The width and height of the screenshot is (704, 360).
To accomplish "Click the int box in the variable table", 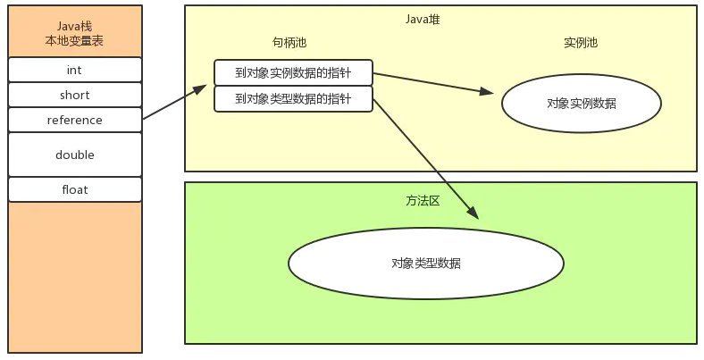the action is [x=75, y=70].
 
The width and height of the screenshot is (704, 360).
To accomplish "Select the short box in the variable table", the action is [x=75, y=95].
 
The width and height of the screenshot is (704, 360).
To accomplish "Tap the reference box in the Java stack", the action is [x=75, y=120].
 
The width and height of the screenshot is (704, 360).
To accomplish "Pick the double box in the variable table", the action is [x=75, y=155].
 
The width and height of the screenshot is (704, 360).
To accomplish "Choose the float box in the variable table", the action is [x=75, y=189].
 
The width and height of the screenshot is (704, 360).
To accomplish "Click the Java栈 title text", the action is [x=75, y=26].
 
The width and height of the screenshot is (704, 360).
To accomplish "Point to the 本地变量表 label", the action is [x=75, y=41].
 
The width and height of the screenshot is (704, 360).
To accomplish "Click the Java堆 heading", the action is [x=422, y=19].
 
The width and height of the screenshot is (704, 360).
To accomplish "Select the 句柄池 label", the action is [x=289, y=42].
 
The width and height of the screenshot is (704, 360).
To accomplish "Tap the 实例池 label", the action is [x=582, y=42].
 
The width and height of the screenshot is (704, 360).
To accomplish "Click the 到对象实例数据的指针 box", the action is [x=293, y=73].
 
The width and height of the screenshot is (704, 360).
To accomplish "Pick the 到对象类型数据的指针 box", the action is [x=293, y=99].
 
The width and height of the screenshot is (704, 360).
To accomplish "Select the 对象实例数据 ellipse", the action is [x=581, y=104].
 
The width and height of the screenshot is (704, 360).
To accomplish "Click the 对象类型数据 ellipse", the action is [x=425, y=264].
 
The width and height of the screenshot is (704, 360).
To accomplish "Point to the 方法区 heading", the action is [x=423, y=201].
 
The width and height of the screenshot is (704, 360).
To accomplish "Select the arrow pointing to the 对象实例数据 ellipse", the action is [x=433, y=83].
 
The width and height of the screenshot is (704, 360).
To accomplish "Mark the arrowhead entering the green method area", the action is [x=473, y=213].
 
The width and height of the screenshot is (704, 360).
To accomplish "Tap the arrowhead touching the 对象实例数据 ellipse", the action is [x=487, y=91].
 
